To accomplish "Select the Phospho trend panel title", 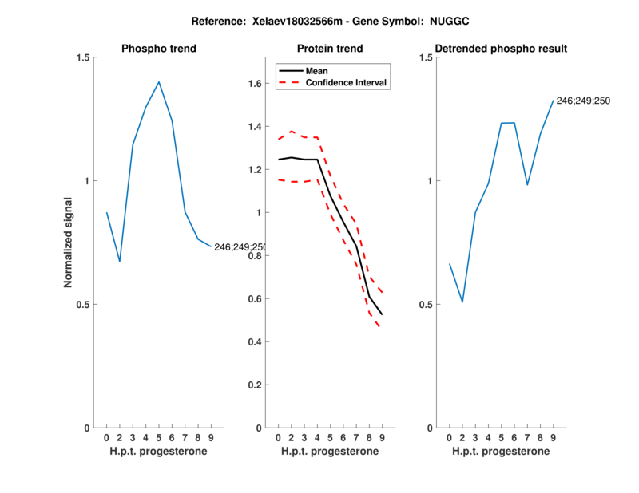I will click(158, 49).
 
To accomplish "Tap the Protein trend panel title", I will click(330, 49).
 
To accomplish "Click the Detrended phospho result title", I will click(501, 49).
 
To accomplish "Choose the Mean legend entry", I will click(317, 71).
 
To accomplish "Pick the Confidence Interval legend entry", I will click(347, 82).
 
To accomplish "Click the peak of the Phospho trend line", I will click(159, 82).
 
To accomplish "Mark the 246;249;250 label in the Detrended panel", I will click(583, 101).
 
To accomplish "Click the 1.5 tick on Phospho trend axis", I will click(82, 57).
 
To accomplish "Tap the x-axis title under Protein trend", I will click(330, 452).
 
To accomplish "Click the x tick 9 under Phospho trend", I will click(211, 437).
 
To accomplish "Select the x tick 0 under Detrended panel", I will click(450, 437).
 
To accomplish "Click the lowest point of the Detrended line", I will click(462, 302).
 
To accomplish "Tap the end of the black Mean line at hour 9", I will click(382, 314).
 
